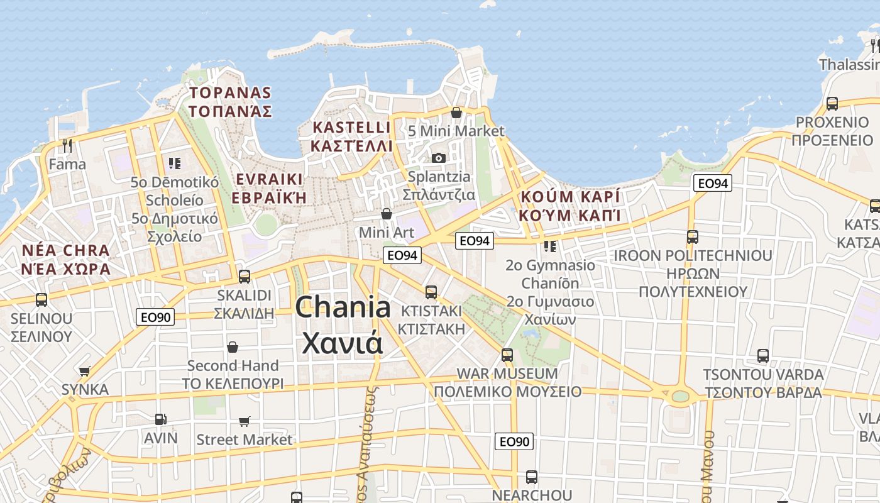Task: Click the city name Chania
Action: (343, 307)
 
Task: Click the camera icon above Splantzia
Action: (439, 158)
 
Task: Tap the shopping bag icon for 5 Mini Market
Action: (456, 113)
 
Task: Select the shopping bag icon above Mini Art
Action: (387, 214)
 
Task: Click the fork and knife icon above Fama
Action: (67, 146)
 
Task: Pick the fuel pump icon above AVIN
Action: (161, 419)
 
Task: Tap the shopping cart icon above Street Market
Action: (245, 421)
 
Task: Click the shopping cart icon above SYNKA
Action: (85, 371)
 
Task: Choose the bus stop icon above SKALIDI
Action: (245, 276)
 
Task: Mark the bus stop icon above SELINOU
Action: (41, 299)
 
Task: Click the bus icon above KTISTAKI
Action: (431, 292)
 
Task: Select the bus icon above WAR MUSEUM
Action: (507, 355)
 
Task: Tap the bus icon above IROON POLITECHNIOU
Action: (693, 237)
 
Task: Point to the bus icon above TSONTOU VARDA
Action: (763, 356)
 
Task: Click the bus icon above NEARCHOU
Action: (532, 477)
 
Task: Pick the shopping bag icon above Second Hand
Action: (233, 347)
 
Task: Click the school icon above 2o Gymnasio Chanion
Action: (550, 246)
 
